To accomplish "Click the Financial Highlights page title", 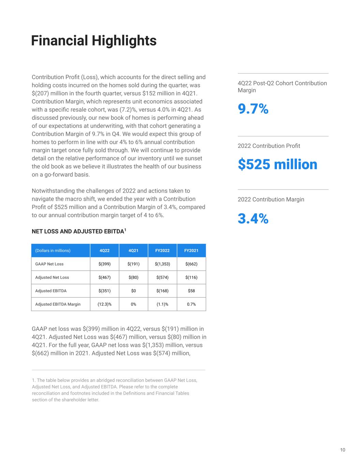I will pyautogui.click(x=94, y=41).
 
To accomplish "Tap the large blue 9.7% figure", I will pyautogui.click(x=253, y=109).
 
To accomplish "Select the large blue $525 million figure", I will pyautogui.click(x=277, y=164).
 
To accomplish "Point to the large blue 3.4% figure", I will pyautogui.click(x=253, y=218).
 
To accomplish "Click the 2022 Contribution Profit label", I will pyautogui.click(x=269, y=146).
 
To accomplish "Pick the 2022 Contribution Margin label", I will pyautogui.click(x=271, y=199).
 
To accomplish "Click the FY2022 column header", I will pyautogui.click(x=162, y=251).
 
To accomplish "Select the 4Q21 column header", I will pyautogui.click(x=133, y=251).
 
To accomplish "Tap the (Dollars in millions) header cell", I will pyautogui.click(x=53, y=251).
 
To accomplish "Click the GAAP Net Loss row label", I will pyautogui.click(x=49, y=264).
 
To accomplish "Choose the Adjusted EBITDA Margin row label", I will pyautogui.click(x=58, y=304).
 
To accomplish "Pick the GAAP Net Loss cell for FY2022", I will pyautogui.click(x=162, y=264).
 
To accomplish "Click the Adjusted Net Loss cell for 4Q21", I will pyautogui.click(x=133, y=277).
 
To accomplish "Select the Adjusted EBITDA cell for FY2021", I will pyautogui.click(x=191, y=291).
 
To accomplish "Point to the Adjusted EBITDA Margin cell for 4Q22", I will pyautogui.click(x=104, y=304).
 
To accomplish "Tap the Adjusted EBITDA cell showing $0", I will pyautogui.click(x=133, y=291).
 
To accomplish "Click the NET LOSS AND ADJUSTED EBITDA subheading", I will pyautogui.click(x=79, y=231).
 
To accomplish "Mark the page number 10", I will pyautogui.click(x=343, y=450).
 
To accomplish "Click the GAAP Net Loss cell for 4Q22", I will pyautogui.click(x=104, y=264).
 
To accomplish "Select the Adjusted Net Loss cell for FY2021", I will pyautogui.click(x=191, y=277).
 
